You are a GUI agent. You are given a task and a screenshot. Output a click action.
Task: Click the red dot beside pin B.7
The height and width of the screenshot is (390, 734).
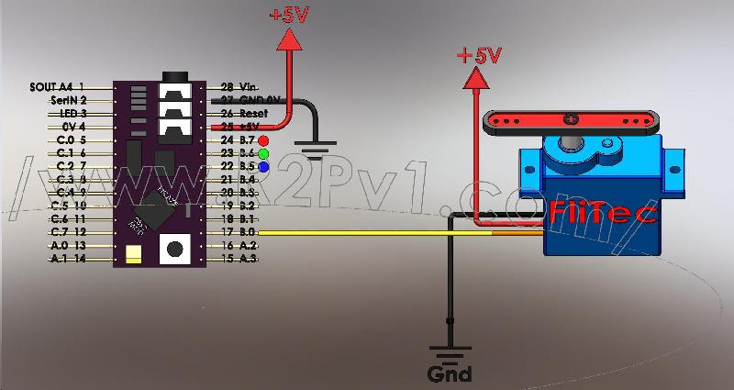tap(263, 139)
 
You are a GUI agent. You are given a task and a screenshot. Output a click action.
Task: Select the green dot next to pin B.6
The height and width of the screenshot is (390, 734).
tap(263, 153)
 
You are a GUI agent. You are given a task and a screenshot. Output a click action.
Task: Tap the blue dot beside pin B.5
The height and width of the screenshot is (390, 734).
tap(263, 168)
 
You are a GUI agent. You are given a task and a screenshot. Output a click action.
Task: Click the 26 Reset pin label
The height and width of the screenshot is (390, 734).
tap(239, 113)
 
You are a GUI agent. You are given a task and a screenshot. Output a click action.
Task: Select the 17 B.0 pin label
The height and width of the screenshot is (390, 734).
tap(238, 234)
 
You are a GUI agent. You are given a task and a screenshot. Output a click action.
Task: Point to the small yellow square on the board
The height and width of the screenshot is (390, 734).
tap(133, 254)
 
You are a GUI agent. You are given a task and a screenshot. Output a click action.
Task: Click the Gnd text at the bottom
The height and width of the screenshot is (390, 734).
tap(450, 373)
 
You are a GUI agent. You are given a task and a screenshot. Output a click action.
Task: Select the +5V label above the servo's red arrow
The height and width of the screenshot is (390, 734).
tap(479, 55)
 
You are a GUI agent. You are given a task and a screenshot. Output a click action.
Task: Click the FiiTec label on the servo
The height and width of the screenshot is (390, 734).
tap(604, 213)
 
